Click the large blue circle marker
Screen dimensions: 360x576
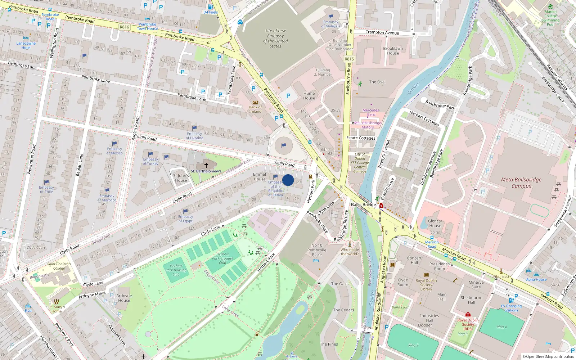tap(288, 180)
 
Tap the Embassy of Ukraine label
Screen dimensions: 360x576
tap(194, 136)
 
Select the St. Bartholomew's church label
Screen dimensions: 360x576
tap(206, 171)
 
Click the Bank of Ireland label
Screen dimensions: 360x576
tap(255, 109)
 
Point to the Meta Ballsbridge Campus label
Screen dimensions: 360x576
tap(521, 183)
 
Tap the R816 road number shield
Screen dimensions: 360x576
tap(124, 27)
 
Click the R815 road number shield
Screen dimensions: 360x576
tap(349, 59)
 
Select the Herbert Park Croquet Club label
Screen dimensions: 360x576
tap(222, 258)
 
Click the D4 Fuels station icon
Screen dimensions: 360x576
tap(210, 7)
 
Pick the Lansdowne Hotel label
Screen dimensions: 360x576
tap(26, 45)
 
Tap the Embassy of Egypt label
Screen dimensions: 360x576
tap(185, 219)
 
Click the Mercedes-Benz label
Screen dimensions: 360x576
tap(371, 112)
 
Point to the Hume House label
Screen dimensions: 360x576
tap(309, 96)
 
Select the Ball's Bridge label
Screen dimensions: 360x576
tap(363, 204)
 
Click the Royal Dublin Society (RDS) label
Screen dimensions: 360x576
tap(468, 324)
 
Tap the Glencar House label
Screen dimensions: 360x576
tap(435, 223)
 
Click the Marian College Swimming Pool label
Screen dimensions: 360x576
tap(550, 18)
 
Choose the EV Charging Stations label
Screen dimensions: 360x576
tap(511, 308)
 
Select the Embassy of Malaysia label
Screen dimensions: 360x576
tap(330, 24)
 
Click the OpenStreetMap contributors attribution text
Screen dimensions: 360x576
tap(548, 356)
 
